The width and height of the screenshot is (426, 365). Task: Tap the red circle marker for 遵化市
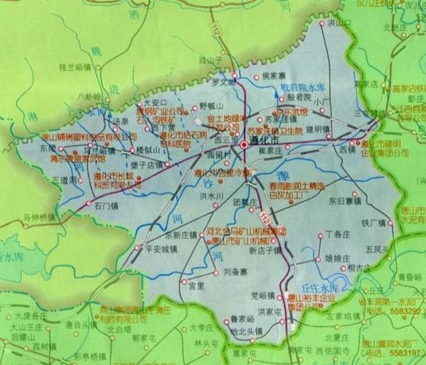pos(243,146)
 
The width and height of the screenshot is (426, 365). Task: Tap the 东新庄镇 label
pos(182,236)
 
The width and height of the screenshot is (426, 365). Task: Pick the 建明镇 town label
pos(319,129)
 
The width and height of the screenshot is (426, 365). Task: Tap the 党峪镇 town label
pos(261,296)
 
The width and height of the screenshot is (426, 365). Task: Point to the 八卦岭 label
pos(88,96)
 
